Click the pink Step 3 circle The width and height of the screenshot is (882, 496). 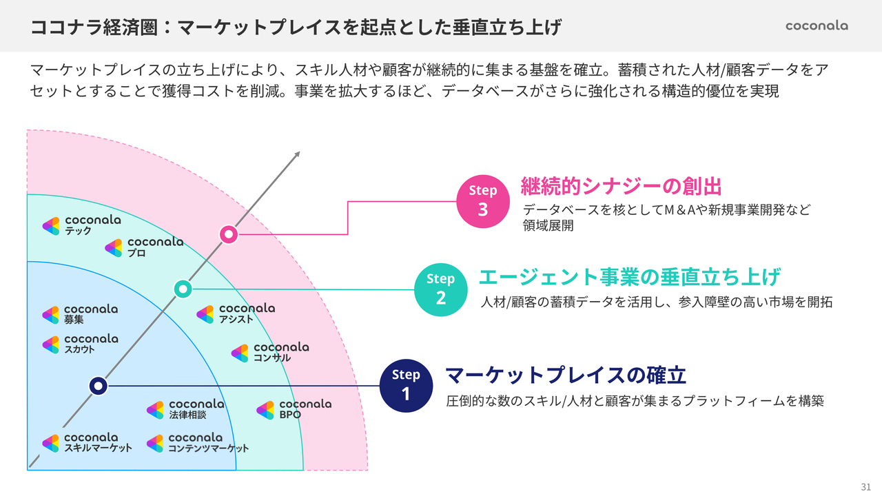482,200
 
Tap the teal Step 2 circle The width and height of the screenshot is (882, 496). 440,289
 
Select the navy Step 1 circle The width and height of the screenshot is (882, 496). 406,385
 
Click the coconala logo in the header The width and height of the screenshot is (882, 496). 817,26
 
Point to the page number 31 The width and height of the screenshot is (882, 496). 866,486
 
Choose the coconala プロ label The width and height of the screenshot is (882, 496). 144,247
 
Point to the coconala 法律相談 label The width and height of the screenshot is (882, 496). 185,409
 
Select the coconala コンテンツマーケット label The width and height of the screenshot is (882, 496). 197,442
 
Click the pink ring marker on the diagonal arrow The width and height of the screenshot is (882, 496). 229,235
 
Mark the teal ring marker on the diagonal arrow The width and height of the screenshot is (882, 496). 183,289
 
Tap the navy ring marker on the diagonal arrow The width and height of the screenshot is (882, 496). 99,386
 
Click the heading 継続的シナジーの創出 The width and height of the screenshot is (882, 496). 621,186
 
